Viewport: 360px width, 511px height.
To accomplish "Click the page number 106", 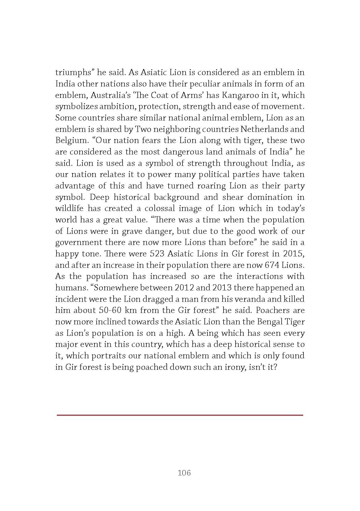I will [184, 473].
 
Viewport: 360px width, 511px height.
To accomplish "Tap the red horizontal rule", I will [180, 415].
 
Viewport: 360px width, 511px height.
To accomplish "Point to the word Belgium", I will [71, 141].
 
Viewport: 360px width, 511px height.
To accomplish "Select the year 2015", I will [292, 254].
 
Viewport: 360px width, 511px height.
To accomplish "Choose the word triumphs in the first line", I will [72, 73].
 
